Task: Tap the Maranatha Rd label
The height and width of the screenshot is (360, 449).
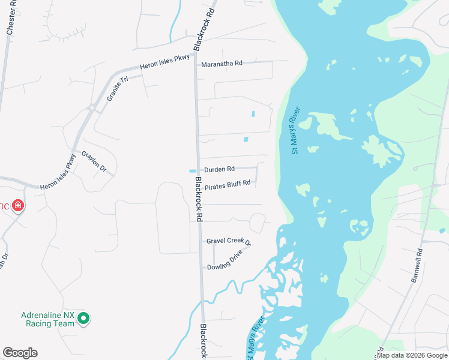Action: pyautogui.click(x=221, y=64)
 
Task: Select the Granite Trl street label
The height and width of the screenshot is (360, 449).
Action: pyautogui.click(x=118, y=88)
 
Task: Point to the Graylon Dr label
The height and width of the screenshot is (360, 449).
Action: pyautogui.click(x=94, y=160)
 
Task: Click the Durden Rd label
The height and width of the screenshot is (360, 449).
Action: pyautogui.click(x=219, y=170)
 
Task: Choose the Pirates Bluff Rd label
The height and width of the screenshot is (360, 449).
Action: pyautogui.click(x=227, y=186)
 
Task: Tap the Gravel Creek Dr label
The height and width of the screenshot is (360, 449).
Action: pyautogui.click(x=228, y=241)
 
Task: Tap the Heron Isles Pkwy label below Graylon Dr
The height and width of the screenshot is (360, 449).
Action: pyautogui.click(x=59, y=173)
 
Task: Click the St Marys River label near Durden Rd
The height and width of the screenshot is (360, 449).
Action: pyautogui.click(x=295, y=131)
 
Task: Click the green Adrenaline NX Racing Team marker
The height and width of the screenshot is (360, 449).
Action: pyautogui.click(x=83, y=319)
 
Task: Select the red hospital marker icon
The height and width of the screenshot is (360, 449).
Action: pyautogui.click(x=18, y=206)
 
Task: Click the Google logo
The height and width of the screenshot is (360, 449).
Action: pyautogui.click(x=20, y=353)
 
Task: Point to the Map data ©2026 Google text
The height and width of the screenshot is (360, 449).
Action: pyautogui.click(x=412, y=356)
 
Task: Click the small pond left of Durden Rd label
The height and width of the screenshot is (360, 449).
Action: pyautogui.click(x=193, y=170)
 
